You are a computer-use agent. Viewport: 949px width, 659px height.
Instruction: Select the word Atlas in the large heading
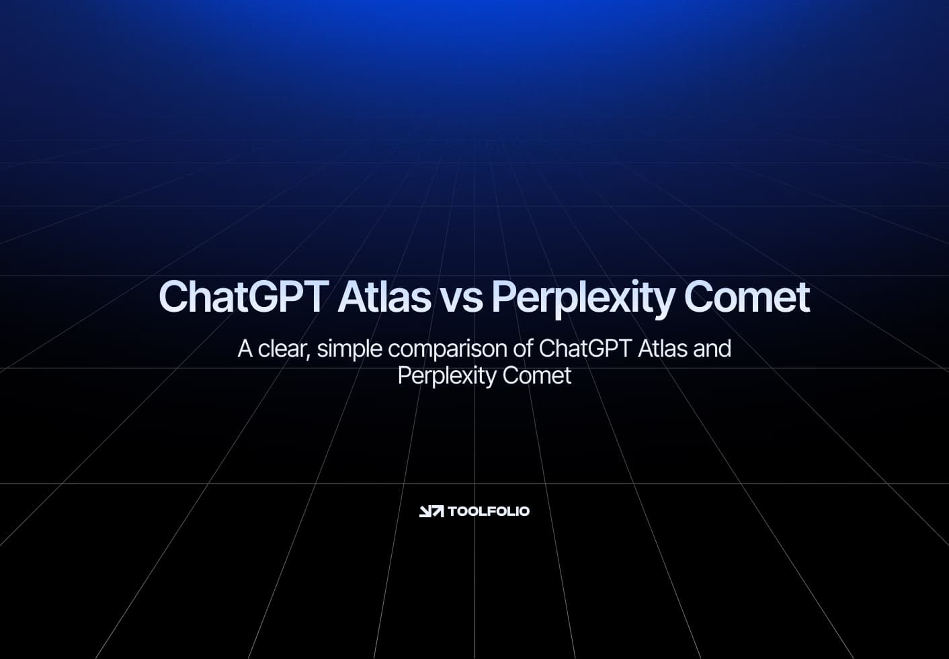point(384,297)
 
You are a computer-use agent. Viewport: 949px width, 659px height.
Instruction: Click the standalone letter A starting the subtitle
point(245,349)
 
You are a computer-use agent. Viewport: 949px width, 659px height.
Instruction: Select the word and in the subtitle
point(712,349)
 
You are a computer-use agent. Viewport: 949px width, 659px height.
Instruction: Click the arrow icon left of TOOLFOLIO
point(431,511)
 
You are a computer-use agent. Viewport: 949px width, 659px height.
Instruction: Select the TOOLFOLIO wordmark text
point(489,511)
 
